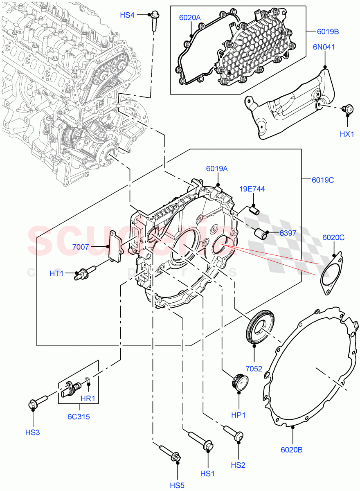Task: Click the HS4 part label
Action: [127, 15]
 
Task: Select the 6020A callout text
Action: [189, 18]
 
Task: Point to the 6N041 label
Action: [324, 47]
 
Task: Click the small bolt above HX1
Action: [348, 109]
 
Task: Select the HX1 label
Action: [347, 134]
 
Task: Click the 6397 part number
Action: [288, 233]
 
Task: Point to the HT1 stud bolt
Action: [84, 273]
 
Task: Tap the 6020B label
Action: [291, 450]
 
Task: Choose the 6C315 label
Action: [79, 417]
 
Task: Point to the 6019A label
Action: [217, 168]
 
